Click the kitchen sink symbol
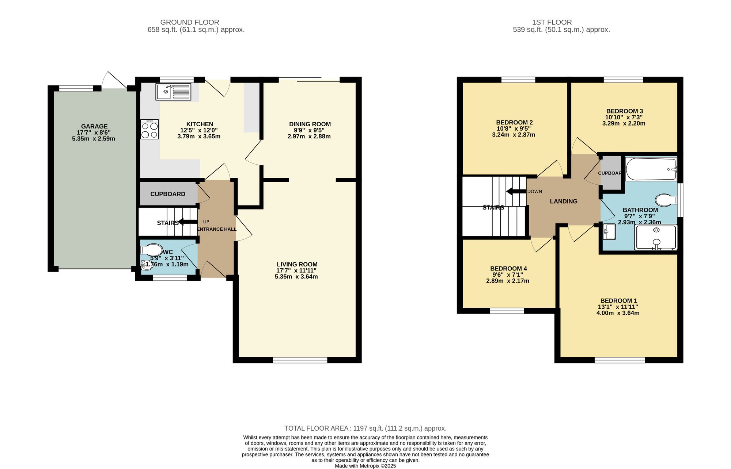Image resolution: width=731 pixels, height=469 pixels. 174,92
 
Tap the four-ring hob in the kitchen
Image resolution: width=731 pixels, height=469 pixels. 149,130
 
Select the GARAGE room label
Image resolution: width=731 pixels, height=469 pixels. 94,126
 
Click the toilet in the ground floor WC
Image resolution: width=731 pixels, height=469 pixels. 152,250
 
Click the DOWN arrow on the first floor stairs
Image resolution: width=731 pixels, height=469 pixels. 515,192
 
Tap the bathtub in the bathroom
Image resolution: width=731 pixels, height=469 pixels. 651,169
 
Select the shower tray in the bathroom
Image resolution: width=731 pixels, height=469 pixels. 656,237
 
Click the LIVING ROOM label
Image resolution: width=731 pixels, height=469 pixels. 297,264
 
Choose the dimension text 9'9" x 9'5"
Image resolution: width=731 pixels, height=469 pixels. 309,130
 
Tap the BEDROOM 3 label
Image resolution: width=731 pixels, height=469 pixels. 624,111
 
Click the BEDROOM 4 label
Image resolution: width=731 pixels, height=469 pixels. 508,268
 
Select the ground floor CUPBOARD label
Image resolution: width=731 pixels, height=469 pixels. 168,194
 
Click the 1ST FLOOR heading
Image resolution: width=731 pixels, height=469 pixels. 552,22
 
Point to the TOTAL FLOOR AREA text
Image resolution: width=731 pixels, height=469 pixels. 365,428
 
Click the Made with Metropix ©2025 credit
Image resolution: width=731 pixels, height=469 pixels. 365,466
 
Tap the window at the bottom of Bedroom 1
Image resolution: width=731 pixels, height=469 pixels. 620,360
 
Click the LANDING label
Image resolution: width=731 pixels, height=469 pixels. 564,201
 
